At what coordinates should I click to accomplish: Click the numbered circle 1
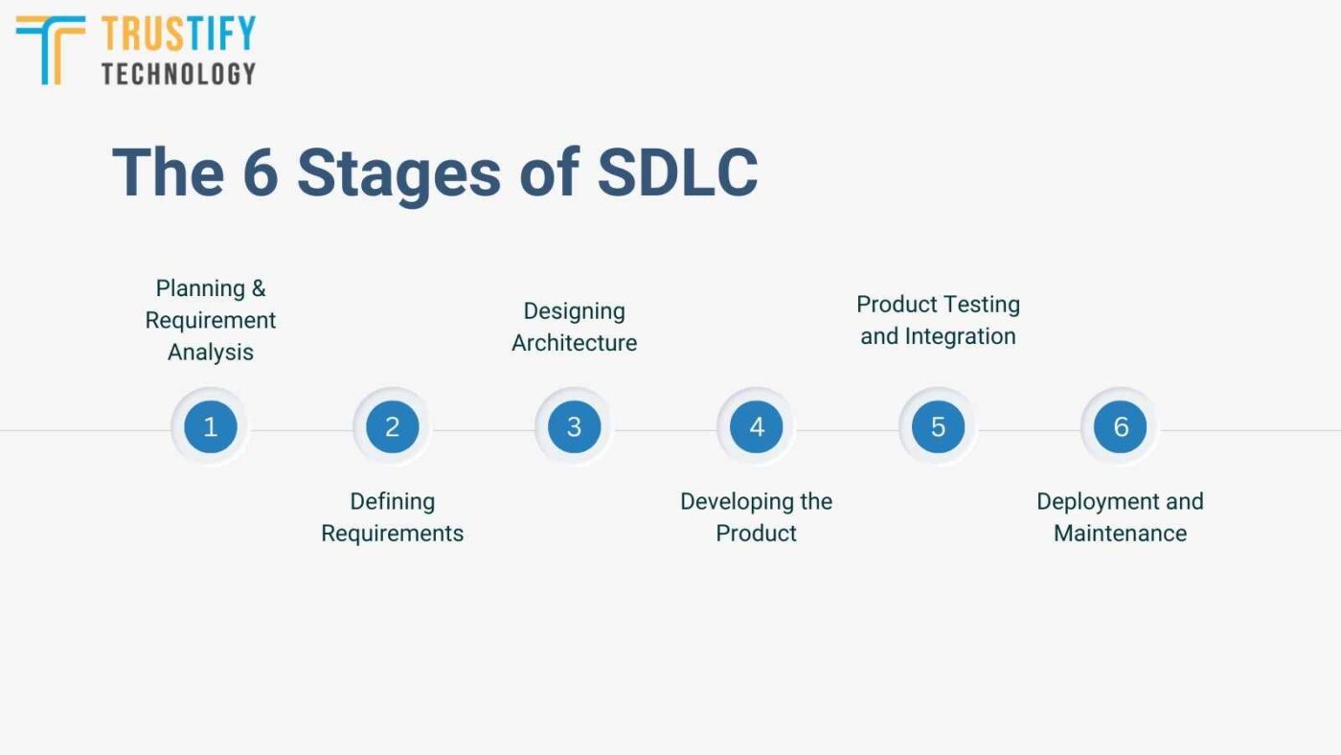(x=211, y=426)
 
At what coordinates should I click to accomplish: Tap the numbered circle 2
(x=392, y=426)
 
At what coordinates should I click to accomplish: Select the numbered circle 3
(x=574, y=426)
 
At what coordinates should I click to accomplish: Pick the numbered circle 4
(x=757, y=426)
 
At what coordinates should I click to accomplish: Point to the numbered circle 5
(x=938, y=426)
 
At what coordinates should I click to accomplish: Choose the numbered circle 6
(x=1120, y=426)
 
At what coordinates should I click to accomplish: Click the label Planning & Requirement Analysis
(x=211, y=320)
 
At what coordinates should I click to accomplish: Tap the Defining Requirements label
(x=392, y=517)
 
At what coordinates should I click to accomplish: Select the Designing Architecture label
(x=574, y=327)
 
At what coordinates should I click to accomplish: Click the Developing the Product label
(x=757, y=517)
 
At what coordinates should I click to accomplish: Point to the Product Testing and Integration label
(x=938, y=320)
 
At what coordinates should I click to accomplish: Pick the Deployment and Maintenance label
(x=1120, y=517)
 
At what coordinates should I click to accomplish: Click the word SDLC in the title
(x=677, y=172)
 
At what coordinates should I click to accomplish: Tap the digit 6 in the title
(x=259, y=172)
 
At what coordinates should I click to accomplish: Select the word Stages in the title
(x=398, y=174)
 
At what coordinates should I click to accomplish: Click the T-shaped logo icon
(x=51, y=48)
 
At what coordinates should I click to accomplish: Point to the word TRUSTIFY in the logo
(x=178, y=34)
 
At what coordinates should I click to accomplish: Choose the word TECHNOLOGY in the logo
(x=178, y=73)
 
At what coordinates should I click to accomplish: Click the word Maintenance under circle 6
(x=1120, y=534)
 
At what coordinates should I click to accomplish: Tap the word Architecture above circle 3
(x=574, y=343)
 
